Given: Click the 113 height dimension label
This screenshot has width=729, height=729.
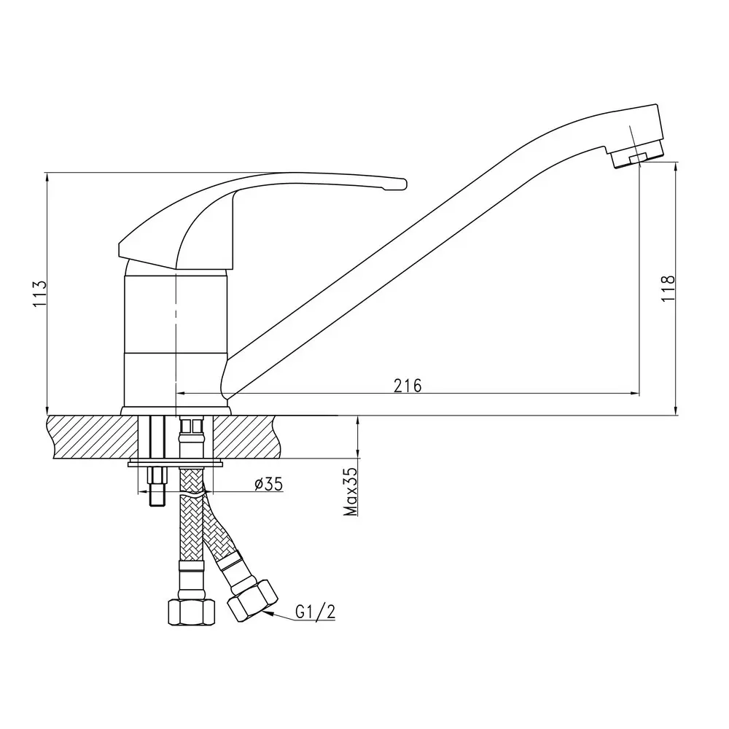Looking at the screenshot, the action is [40, 293].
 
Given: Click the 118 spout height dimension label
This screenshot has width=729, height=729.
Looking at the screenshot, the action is [668, 288].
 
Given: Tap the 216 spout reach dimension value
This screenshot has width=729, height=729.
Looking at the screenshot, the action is [408, 386].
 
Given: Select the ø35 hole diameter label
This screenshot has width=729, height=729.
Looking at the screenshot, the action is [269, 484].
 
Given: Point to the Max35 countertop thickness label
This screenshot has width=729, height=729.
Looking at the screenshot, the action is [351, 491].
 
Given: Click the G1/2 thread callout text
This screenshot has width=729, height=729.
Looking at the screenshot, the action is [315, 612].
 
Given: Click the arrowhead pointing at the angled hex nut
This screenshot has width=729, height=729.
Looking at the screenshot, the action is [268, 614].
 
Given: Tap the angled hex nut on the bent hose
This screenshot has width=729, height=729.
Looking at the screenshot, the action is [252, 600].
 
